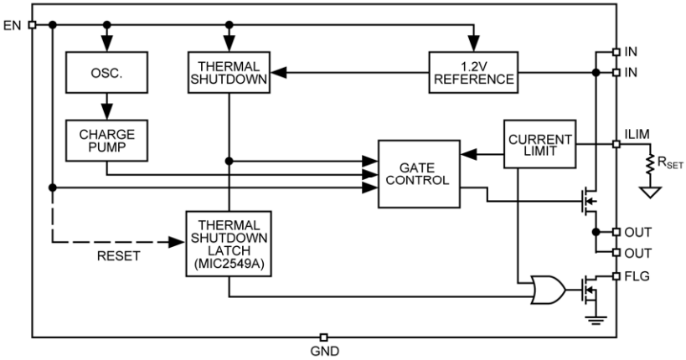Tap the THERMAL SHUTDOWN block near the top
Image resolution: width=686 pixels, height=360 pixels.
click(x=228, y=73)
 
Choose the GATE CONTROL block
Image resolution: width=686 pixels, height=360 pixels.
click(x=420, y=173)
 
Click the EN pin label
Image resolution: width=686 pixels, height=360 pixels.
click(x=13, y=24)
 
